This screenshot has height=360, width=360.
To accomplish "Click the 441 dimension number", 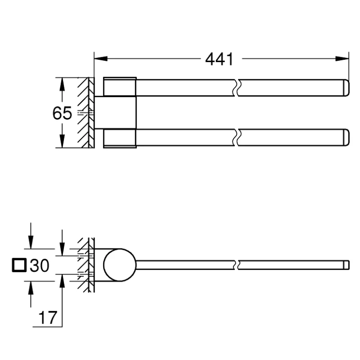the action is (219, 59).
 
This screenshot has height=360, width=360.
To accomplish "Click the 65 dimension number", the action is (62, 113).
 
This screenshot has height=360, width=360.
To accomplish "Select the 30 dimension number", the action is (40, 265).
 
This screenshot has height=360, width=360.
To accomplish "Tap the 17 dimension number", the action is (48, 318).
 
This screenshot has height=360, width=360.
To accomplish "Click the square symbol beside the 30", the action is (19, 265).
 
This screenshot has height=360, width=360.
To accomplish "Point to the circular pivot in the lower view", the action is (120, 265).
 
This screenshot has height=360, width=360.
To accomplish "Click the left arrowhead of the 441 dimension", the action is (101, 58).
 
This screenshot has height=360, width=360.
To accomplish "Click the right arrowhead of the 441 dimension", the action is (342, 58).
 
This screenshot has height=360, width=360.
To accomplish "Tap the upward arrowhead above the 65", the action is (62, 85).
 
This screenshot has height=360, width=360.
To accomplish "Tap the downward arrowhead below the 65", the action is (62, 141).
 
